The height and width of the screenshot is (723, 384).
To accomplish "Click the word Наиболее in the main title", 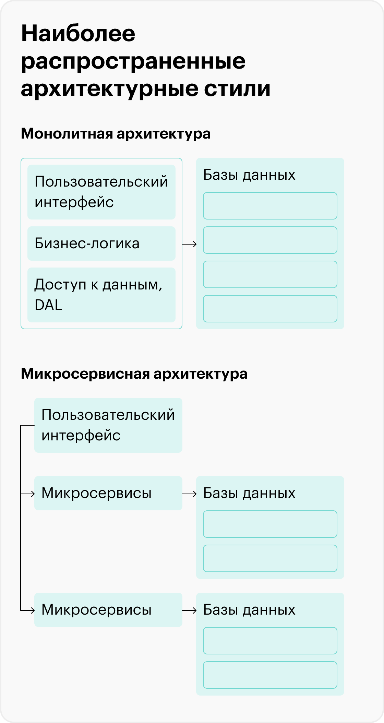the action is tap(78, 34).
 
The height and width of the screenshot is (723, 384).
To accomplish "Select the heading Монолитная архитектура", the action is tap(116, 133).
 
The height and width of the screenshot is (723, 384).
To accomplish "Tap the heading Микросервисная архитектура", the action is tap(134, 374).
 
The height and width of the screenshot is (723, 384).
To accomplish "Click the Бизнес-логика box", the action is tap(101, 244).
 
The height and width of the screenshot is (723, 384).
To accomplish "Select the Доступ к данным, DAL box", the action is tap(101, 295).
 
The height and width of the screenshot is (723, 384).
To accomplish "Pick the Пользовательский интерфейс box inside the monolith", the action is tap(101, 192).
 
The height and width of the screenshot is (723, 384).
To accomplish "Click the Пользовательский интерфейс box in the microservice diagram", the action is tap(108, 425).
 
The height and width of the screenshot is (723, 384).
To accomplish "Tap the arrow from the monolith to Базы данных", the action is tap(189, 244).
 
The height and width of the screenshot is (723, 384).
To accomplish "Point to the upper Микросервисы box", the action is tap(108, 493).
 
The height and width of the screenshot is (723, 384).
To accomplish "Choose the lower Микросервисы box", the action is tap(108, 610).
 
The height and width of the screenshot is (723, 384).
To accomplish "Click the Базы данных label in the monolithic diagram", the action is tap(249, 175).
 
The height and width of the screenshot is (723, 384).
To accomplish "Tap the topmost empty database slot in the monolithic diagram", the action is tap(270, 206).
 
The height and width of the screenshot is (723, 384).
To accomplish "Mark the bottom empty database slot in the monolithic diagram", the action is tap(270, 309).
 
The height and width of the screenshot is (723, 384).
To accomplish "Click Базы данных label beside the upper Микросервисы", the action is tap(249, 493).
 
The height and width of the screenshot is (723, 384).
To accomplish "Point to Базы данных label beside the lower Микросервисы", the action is tap(249, 610).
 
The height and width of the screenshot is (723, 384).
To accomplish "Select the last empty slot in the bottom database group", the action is tap(270, 675).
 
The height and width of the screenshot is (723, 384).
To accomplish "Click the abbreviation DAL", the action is tap(48, 305).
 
